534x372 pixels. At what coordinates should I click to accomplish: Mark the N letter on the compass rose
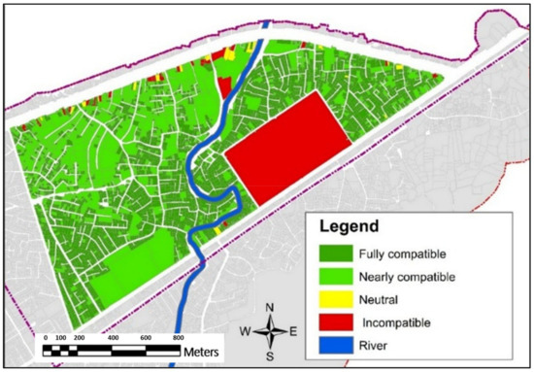pos(270,309)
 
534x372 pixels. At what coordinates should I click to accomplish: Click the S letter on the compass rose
pos(270,355)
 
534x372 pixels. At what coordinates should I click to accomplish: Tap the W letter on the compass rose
pos(247,332)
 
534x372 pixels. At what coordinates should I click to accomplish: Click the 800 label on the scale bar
pos(178,336)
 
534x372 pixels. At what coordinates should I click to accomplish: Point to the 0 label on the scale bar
pos(46,336)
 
